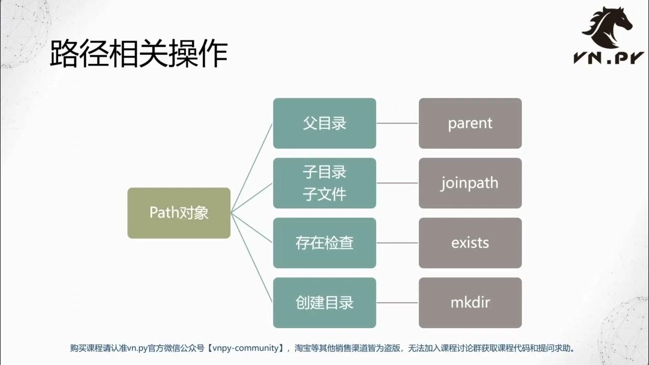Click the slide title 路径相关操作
[x=138, y=55]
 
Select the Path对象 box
[x=179, y=213]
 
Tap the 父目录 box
[x=324, y=123]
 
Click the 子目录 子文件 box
[x=324, y=183]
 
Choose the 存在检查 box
[x=324, y=243]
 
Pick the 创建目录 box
[x=324, y=303]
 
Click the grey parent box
[x=470, y=123]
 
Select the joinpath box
[x=470, y=183]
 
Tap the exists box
[x=470, y=243]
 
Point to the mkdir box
[x=470, y=303]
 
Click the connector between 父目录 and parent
[x=398, y=123]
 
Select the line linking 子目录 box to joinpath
[x=398, y=183]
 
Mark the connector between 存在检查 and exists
[x=398, y=243]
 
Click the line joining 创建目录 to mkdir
[x=398, y=303]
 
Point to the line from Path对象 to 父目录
[x=252, y=168]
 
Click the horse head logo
[x=608, y=25]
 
